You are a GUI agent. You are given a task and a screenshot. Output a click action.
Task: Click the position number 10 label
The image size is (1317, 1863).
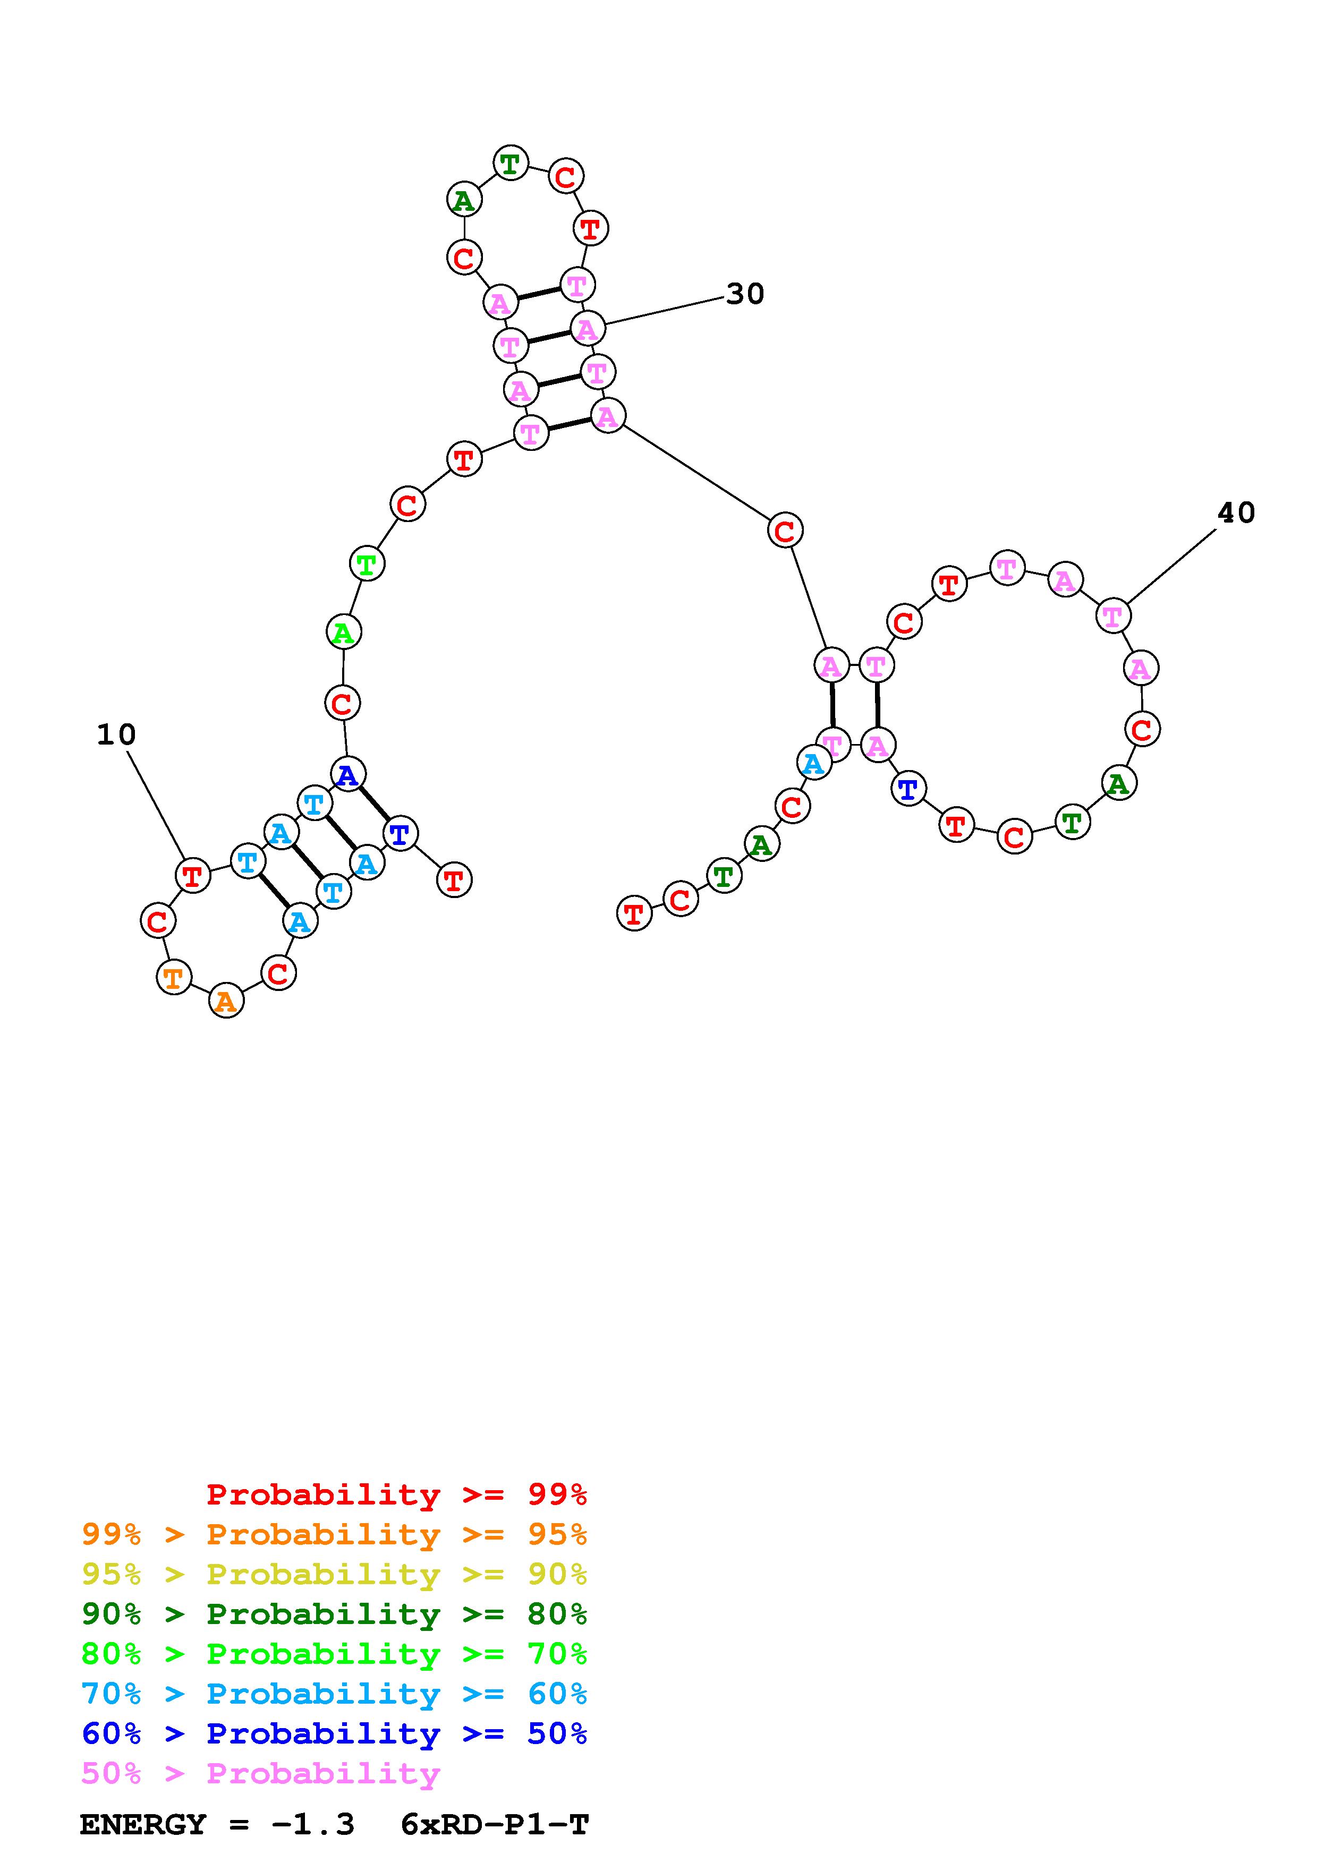pos(116,735)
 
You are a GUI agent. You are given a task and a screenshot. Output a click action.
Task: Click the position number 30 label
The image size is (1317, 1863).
pos(745,294)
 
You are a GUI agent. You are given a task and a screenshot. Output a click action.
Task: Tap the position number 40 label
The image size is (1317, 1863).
pos(1236,513)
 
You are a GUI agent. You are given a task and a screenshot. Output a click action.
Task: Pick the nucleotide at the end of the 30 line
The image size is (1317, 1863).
pos(587,329)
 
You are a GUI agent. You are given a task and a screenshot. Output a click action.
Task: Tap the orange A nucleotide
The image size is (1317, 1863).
pos(226,1001)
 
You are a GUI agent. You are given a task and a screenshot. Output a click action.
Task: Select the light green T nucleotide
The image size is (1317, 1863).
pos(367,563)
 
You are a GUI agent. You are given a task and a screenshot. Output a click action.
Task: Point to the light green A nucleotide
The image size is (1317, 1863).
pos(343,632)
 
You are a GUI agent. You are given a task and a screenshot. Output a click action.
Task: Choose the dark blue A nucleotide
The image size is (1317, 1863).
pos(347,775)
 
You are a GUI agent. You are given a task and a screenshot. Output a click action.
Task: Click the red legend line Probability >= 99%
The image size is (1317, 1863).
pos(396,1494)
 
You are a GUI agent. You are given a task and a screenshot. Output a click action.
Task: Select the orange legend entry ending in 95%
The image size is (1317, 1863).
pos(334,1534)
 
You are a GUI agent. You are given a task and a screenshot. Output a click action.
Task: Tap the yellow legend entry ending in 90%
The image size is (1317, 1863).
pos(334,1574)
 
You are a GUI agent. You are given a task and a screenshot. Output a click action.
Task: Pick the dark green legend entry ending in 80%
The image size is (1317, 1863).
pos(334,1614)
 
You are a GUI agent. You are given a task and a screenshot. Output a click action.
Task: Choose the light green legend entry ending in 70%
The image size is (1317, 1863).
pos(334,1654)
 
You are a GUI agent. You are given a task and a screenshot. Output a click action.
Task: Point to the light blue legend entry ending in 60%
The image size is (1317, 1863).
pos(334,1694)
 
